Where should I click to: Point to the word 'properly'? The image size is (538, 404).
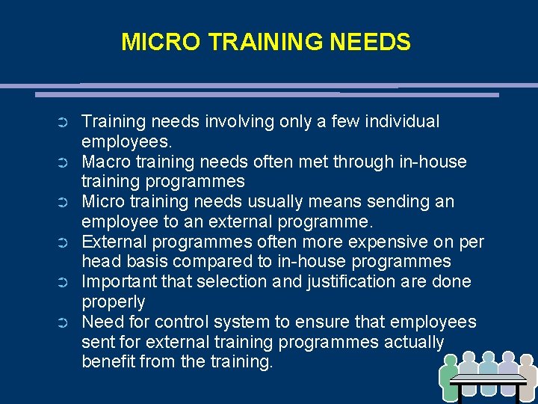pos(113,302)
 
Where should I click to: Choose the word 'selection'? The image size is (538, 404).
pos(197,282)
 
